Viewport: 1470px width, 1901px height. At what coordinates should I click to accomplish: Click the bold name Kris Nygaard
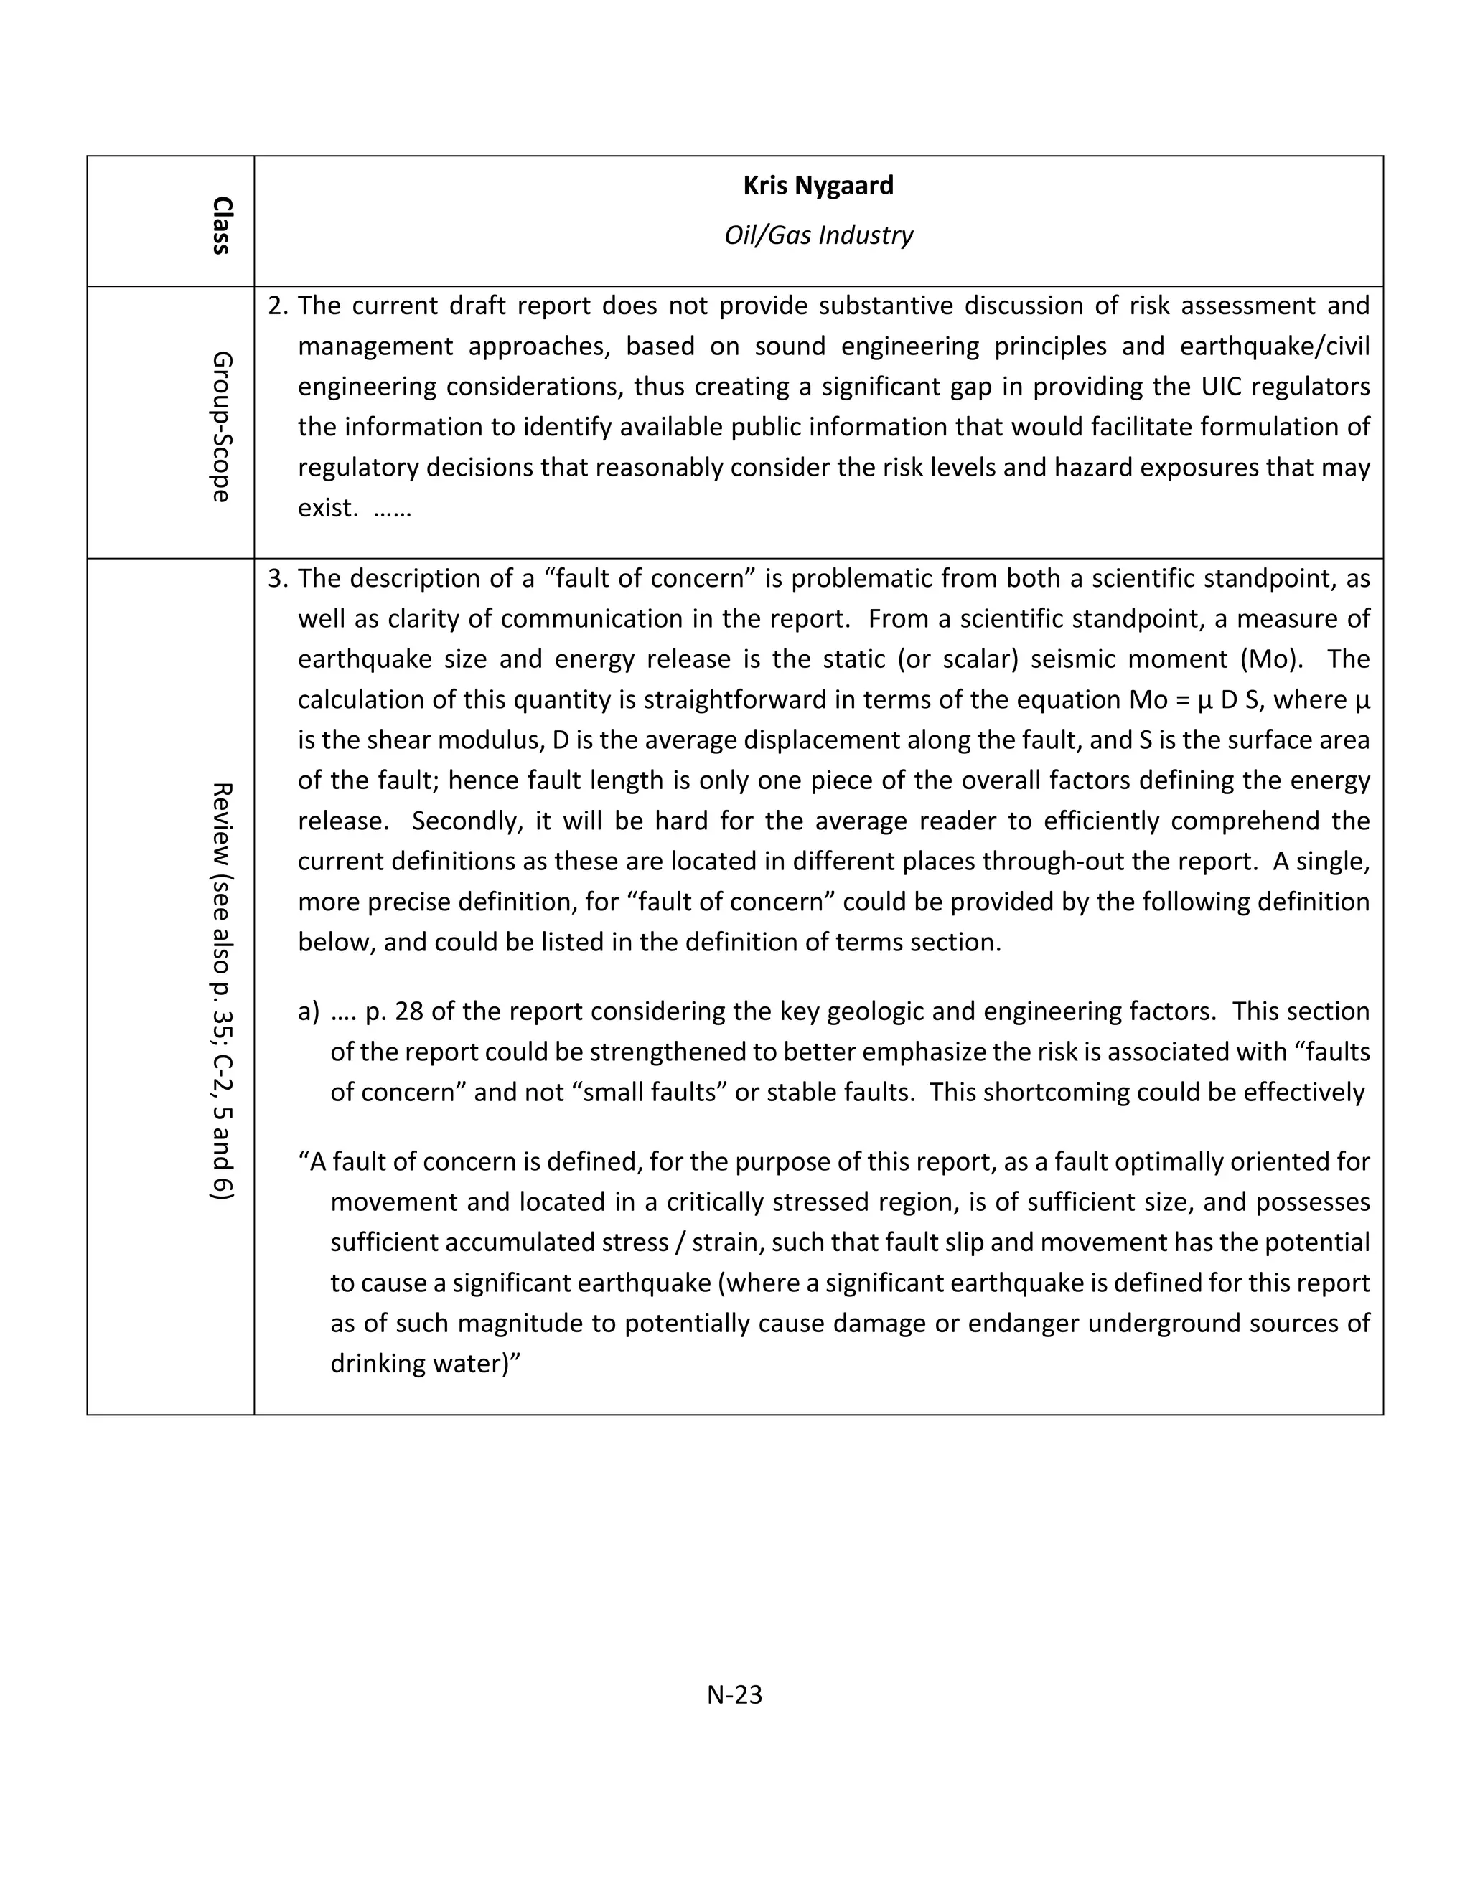(818, 185)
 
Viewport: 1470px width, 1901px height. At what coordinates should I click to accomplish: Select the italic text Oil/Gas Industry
(818, 235)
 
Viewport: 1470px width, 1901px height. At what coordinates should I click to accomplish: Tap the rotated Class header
(221, 225)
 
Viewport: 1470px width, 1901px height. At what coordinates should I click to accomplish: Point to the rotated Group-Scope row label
(221, 427)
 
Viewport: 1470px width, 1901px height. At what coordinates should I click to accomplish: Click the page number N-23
(734, 1694)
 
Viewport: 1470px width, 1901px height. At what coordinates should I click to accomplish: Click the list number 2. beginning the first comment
(278, 306)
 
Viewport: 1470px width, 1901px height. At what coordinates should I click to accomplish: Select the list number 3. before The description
(278, 578)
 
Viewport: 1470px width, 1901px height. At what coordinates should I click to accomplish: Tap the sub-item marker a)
(309, 1011)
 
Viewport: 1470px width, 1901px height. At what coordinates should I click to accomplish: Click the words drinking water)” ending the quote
(425, 1362)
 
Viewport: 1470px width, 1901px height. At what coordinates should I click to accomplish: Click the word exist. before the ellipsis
(327, 507)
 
